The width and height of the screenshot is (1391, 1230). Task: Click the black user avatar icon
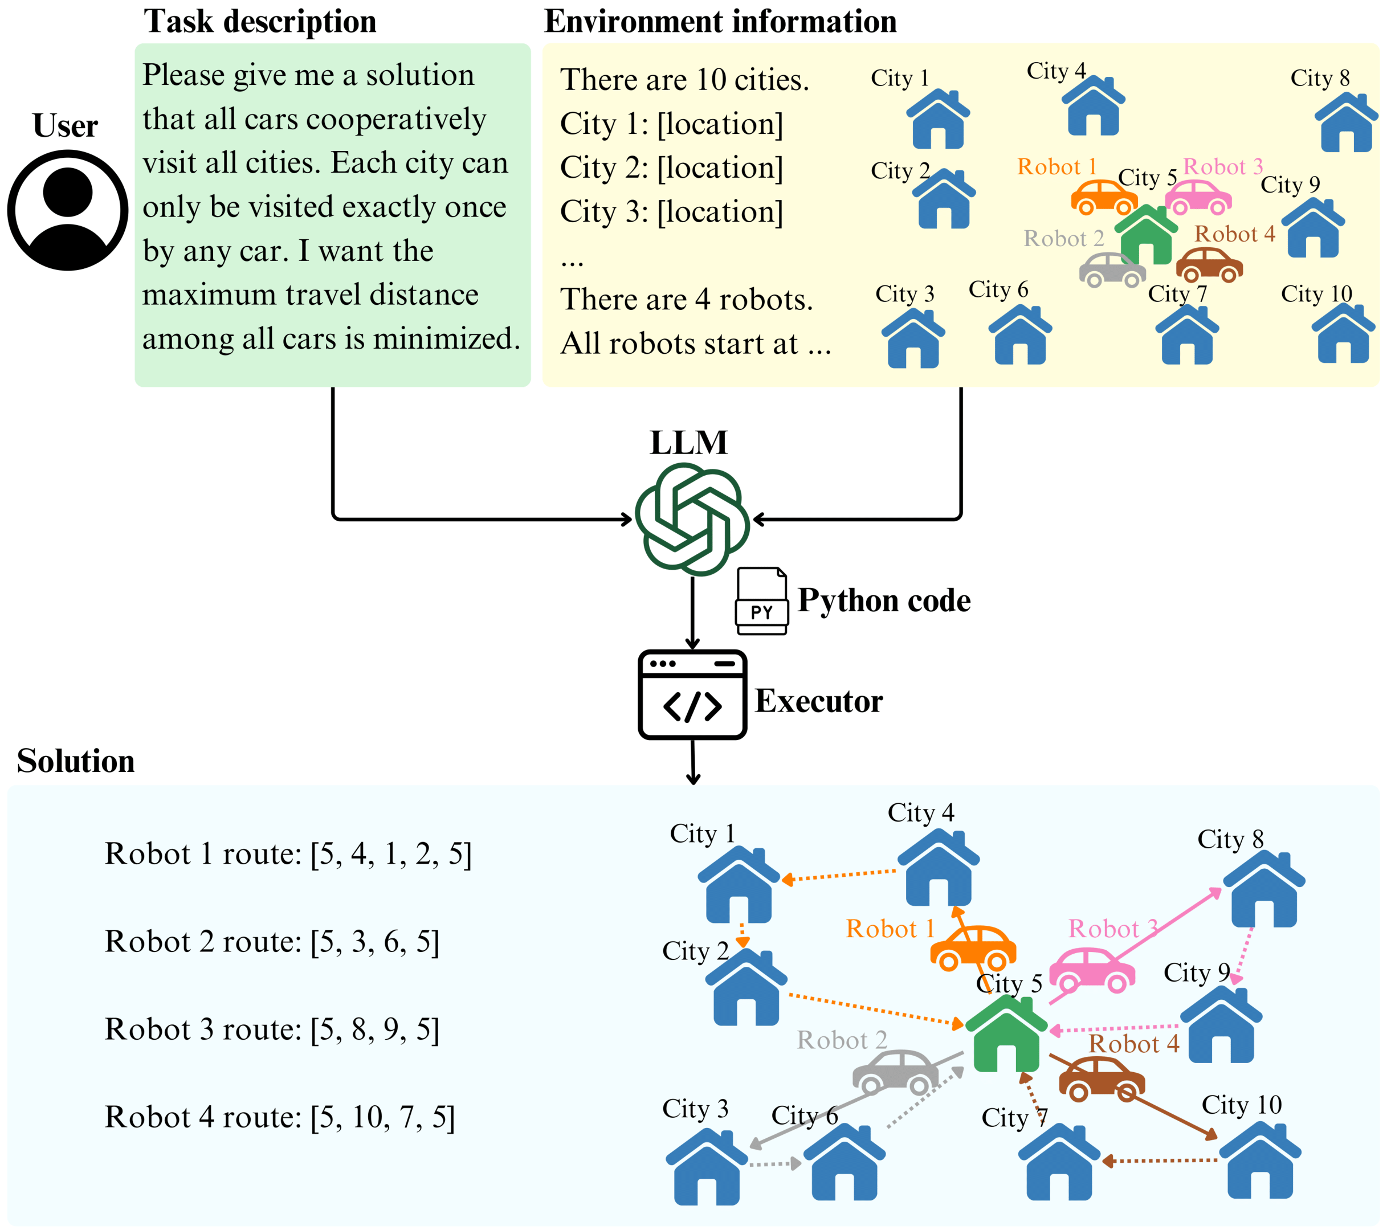[67, 210]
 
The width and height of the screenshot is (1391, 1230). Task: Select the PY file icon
[761, 602]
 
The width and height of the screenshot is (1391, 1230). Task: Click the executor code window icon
[692, 694]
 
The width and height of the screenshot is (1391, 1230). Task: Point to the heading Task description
[259, 22]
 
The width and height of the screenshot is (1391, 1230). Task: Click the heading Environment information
[720, 22]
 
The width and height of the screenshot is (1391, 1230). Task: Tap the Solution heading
[76, 761]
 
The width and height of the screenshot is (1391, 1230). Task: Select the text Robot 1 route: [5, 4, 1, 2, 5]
[288, 854]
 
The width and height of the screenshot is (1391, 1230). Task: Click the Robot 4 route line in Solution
[280, 1117]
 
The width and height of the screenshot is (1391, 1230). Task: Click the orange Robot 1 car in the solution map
[973, 947]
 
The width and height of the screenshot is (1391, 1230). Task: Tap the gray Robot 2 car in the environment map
[1112, 270]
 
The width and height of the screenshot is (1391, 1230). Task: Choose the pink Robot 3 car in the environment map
[1198, 197]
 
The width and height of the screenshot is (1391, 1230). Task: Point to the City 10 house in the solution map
[1260, 1162]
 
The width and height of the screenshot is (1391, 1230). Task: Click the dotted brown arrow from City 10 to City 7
[1160, 1160]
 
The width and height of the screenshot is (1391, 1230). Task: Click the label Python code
[883, 600]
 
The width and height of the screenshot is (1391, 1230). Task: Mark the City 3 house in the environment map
[912, 340]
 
